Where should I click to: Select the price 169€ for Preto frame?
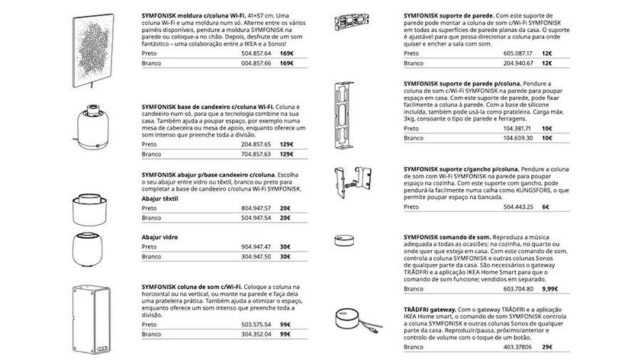point(286,54)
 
